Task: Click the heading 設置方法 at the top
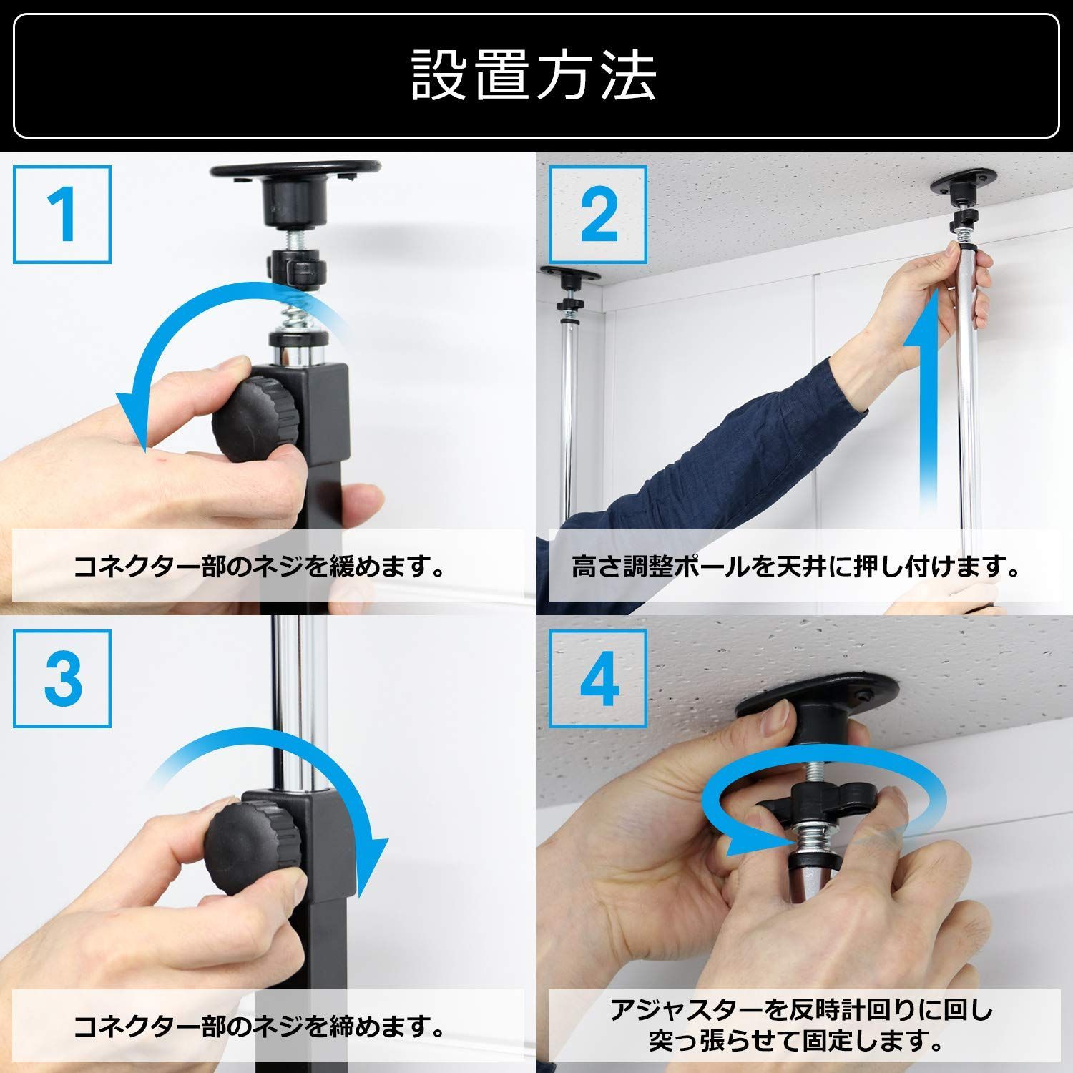point(534,75)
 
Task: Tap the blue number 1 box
point(62,214)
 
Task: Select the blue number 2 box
point(598,214)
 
